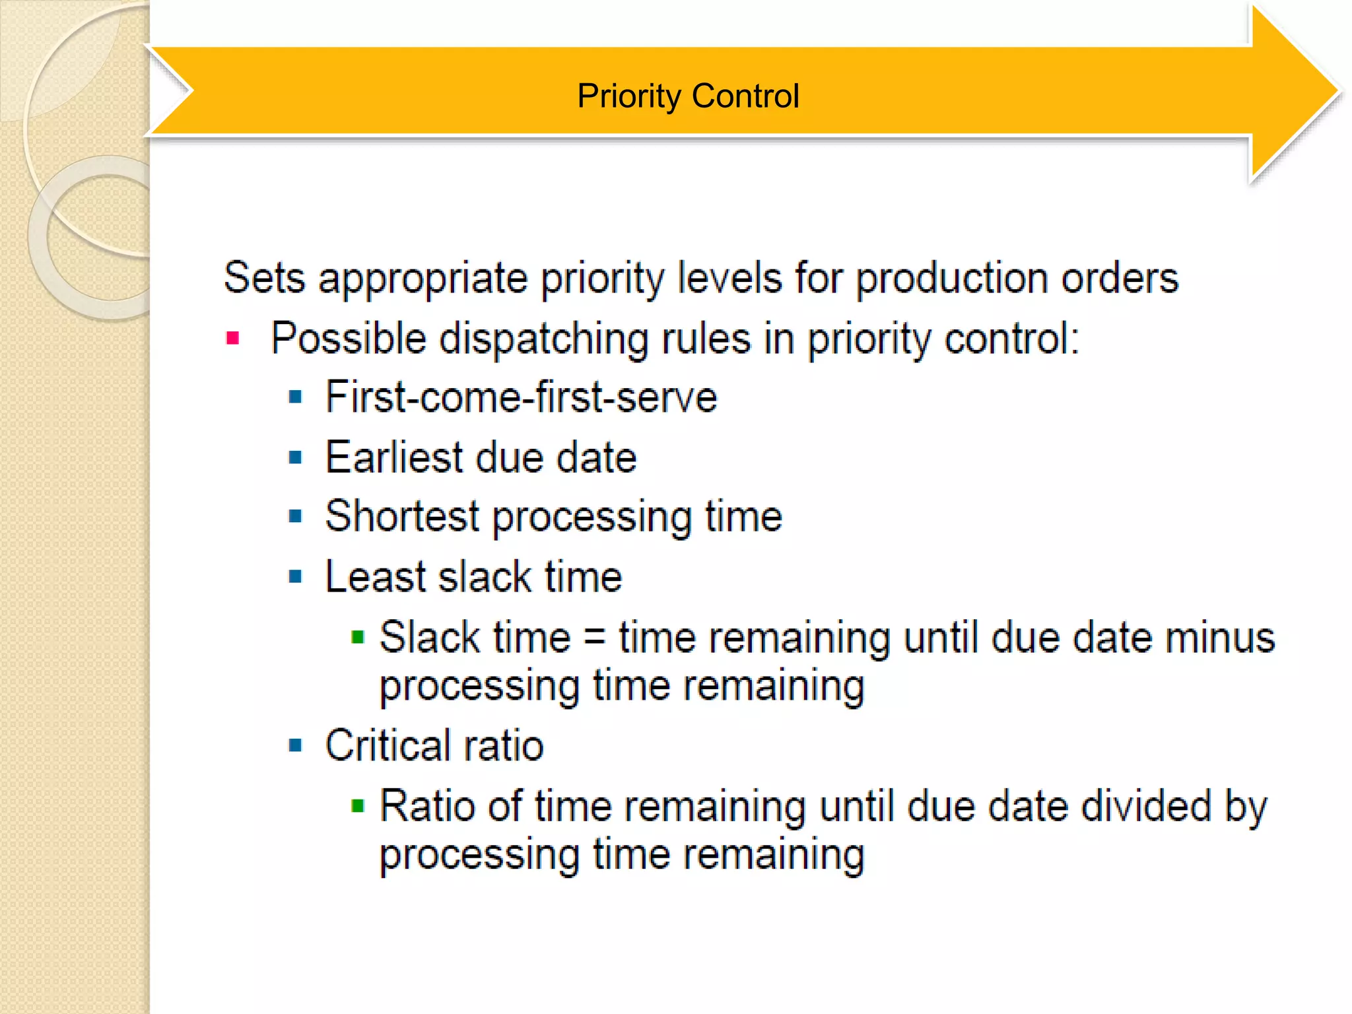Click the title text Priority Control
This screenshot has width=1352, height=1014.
(x=688, y=96)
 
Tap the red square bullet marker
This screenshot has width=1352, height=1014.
(x=232, y=339)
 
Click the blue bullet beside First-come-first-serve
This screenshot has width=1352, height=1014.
(x=295, y=397)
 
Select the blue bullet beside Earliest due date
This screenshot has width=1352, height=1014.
(x=295, y=457)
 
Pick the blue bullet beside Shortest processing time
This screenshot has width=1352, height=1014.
(x=295, y=516)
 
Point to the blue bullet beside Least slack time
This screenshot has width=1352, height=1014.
(x=295, y=577)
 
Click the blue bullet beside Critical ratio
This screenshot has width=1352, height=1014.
(x=295, y=745)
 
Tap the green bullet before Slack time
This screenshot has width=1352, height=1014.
(x=358, y=637)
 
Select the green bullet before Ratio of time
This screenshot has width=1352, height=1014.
(x=358, y=805)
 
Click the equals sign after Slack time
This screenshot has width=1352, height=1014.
(x=594, y=639)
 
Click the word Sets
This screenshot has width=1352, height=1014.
(x=264, y=278)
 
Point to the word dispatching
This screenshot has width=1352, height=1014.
(x=543, y=339)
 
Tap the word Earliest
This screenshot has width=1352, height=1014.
(x=394, y=457)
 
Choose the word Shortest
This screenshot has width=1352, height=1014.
(x=402, y=516)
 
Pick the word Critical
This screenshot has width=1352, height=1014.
(x=387, y=745)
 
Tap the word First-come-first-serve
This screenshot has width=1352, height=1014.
(x=522, y=397)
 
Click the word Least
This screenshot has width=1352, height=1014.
(x=375, y=577)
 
